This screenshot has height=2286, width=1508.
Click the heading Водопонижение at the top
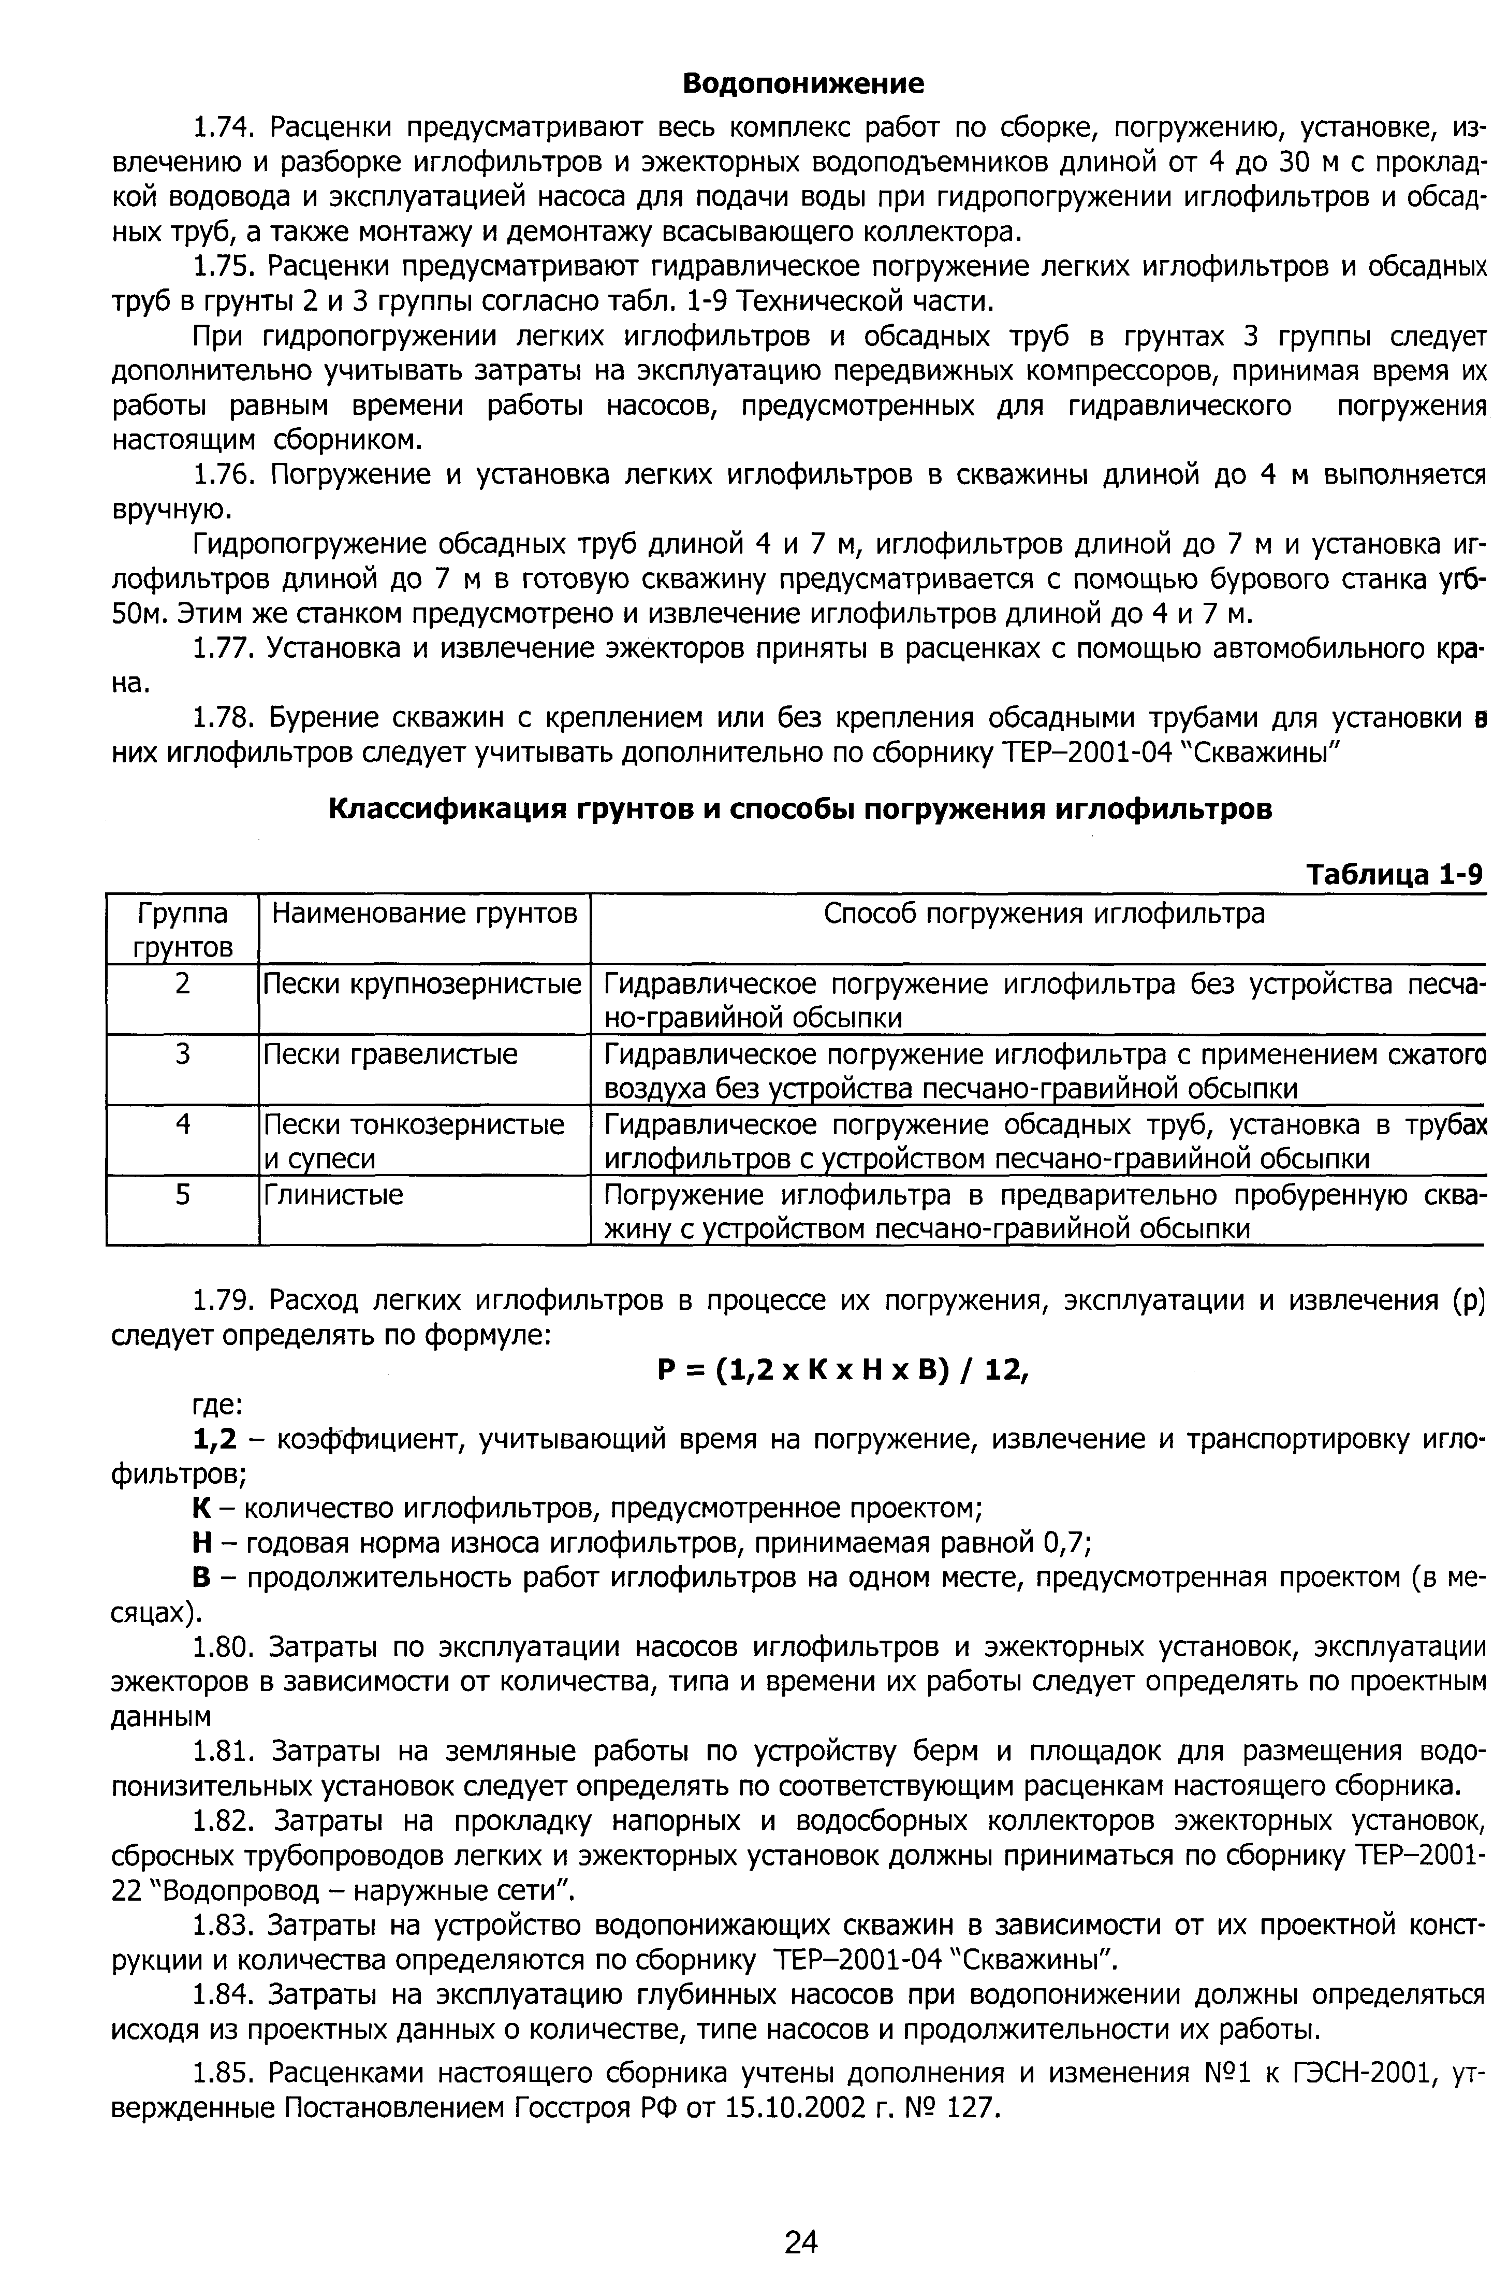click(x=803, y=84)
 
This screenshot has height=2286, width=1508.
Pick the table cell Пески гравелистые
click(x=390, y=1054)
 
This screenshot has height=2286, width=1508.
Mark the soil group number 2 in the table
click(x=183, y=984)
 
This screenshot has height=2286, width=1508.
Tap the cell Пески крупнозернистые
click(x=423, y=984)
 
